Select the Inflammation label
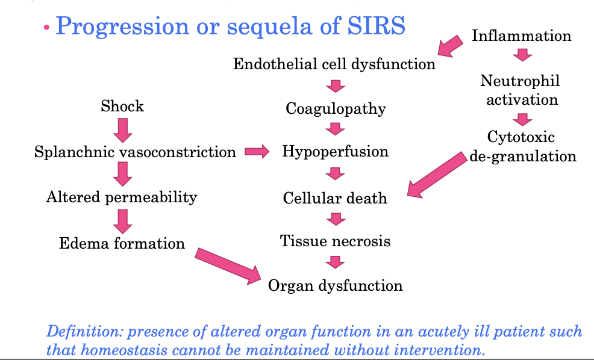[521, 36]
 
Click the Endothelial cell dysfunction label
[334, 64]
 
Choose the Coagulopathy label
[336, 109]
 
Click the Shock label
[122, 107]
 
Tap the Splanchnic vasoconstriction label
[135, 152]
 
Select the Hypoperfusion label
[336, 151]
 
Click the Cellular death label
[335, 198]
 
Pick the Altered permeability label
[122, 197]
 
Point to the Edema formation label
[122, 243]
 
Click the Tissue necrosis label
[335, 241]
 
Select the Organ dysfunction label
[335, 285]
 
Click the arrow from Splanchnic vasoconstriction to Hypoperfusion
[257, 152]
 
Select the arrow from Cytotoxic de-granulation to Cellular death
[437, 175]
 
